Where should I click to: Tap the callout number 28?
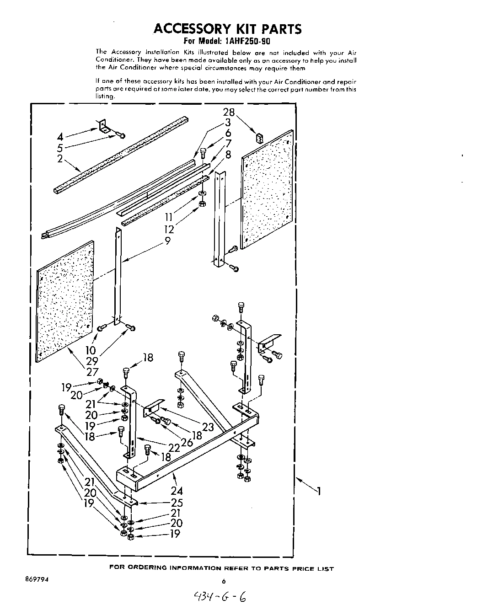(229, 112)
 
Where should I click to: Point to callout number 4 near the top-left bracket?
(60, 137)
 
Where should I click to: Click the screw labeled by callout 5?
(120, 134)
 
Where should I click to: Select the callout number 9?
(168, 241)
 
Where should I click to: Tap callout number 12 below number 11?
(169, 230)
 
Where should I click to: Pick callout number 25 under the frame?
(177, 503)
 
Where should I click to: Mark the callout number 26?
(187, 442)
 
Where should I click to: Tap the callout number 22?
(174, 448)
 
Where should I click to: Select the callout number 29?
(92, 361)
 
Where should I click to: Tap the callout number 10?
(91, 350)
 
